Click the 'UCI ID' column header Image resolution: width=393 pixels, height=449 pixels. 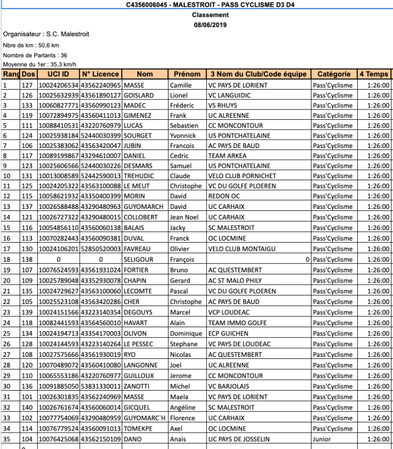click(x=58, y=74)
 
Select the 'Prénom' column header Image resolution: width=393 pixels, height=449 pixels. click(x=187, y=74)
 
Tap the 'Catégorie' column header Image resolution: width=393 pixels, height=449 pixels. click(x=334, y=74)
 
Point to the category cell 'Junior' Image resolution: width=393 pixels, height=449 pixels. click(x=322, y=439)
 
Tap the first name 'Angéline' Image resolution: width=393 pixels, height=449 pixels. click(x=183, y=408)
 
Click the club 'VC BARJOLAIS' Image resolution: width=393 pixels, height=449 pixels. click(x=229, y=386)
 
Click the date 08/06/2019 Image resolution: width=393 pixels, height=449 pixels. click(x=210, y=25)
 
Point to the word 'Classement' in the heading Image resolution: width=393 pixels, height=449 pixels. click(x=210, y=15)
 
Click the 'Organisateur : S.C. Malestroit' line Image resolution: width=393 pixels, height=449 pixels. click(x=46, y=34)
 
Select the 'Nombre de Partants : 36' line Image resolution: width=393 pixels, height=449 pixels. click(x=35, y=55)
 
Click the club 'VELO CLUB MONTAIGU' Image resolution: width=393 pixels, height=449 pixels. click(x=242, y=249)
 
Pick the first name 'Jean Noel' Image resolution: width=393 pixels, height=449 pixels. click(x=184, y=218)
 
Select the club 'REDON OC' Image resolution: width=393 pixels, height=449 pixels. click(x=224, y=196)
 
